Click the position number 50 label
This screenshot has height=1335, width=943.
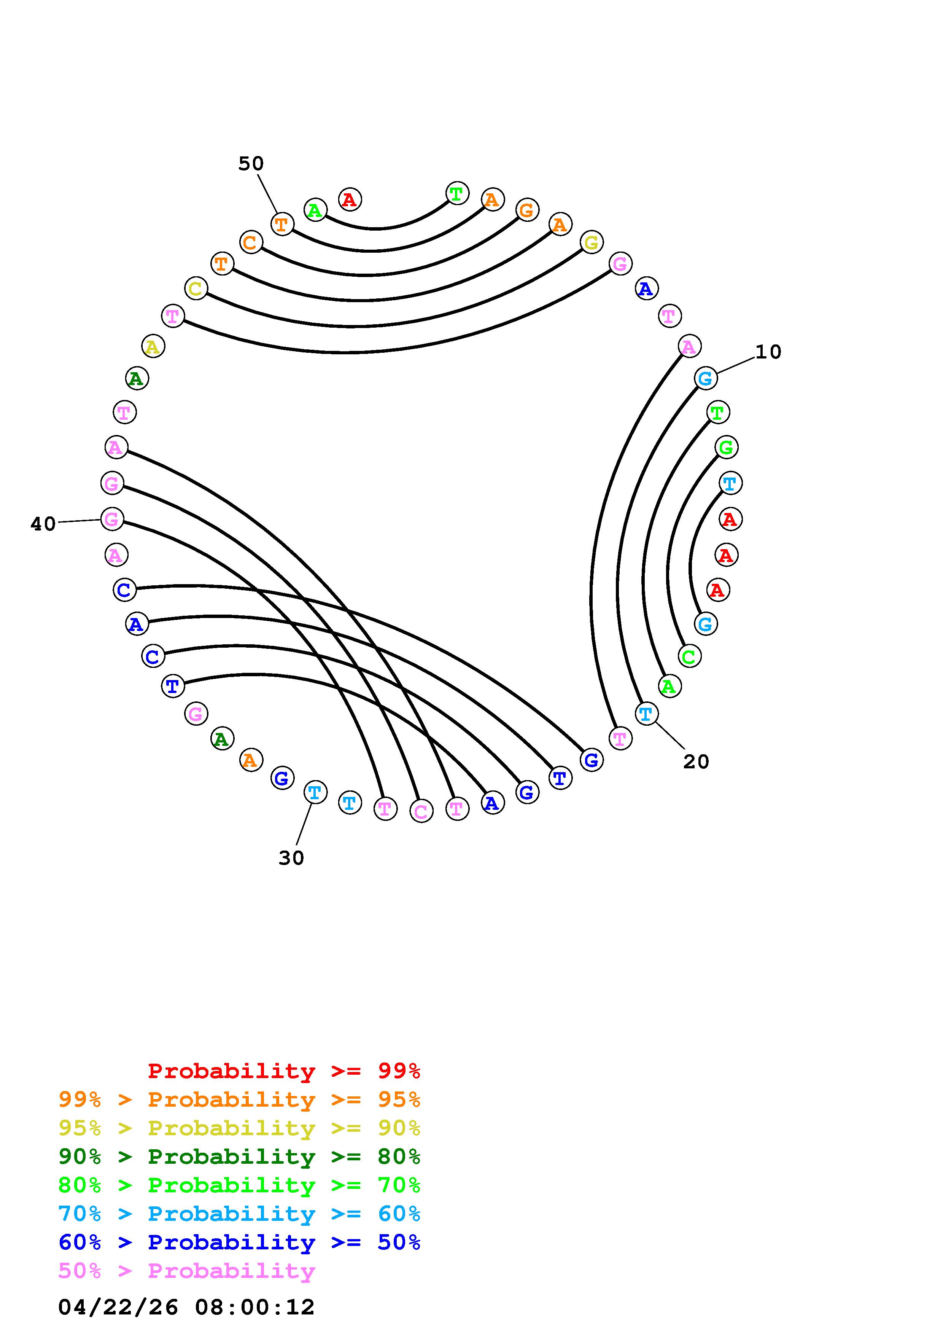coord(251,164)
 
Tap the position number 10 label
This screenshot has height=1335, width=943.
coord(768,352)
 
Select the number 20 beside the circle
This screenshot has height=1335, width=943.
coord(696,762)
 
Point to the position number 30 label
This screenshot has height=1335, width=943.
coord(291,858)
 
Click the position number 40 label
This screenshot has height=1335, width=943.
coord(43,524)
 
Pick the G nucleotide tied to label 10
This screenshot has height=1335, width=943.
coord(705,379)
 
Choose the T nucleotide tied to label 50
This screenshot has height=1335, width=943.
coord(282,224)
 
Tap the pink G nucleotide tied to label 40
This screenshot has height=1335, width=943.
coord(112,519)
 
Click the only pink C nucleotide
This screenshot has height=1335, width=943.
coord(421,811)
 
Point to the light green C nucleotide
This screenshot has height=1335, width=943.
coord(689,656)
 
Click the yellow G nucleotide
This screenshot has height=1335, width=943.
coord(592,242)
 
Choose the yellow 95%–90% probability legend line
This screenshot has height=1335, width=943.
coord(239,1128)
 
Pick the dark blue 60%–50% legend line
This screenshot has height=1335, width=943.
coord(239,1242)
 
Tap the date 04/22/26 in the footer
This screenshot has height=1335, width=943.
coord(119,1307)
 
